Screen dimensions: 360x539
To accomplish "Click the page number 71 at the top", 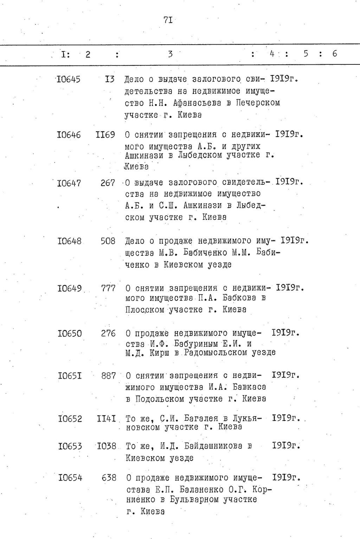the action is (168, 20).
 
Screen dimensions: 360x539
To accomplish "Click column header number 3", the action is (170, 54).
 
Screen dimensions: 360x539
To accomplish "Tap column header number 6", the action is (334, 53).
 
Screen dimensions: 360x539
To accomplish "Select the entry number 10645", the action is (69, 79).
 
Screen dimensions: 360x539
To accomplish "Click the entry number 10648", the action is (69, 241).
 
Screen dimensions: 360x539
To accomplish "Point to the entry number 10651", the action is (70, 376).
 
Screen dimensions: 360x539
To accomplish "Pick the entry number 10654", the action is (70, 478).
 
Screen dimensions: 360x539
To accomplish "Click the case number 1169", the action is (105, 135).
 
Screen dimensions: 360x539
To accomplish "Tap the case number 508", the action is (108, 241).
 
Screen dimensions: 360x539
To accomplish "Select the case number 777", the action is (108, 288).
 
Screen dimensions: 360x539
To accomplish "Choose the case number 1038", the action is (107, 446).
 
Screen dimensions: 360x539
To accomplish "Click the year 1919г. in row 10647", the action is (289, 182).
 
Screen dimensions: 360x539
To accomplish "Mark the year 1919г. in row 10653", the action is (287, 445).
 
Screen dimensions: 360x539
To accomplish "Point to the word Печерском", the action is (258, 103).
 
